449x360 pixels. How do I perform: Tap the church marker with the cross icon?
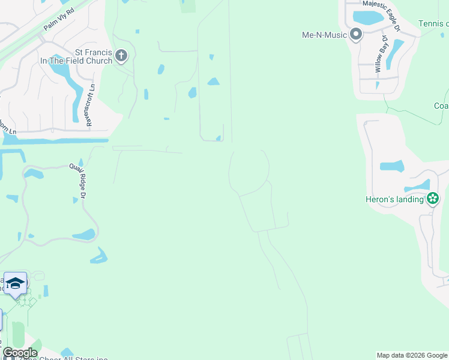point(121,56)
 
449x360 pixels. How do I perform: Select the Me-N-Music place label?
point(324,35)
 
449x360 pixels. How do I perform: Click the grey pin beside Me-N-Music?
point(356,34)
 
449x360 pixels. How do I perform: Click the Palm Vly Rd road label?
point(58,20)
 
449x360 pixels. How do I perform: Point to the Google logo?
point(19,353)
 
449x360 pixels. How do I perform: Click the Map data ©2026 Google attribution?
point(411,355)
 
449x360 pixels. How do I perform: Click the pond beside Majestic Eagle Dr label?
point(368,18)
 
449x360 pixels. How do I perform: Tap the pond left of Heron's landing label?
point(392,166)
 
